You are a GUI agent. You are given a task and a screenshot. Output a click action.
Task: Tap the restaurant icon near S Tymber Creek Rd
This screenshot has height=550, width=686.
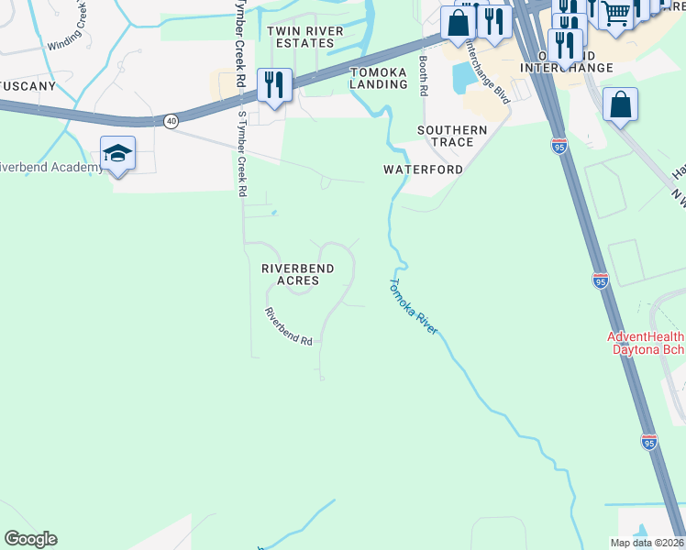point(274,85)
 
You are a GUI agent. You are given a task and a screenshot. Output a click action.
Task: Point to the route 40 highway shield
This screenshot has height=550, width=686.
point(171,120)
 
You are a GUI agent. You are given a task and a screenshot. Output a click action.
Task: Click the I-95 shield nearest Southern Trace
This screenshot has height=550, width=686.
point(559,145)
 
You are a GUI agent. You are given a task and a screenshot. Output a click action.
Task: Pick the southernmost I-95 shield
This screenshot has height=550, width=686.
point(648,442)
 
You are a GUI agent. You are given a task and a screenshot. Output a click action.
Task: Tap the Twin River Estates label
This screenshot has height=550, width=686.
point(299,37)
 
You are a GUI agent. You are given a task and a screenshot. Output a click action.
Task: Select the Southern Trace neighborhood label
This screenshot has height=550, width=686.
point(452,136)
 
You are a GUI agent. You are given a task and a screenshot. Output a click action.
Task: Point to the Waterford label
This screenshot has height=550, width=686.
point(423,170)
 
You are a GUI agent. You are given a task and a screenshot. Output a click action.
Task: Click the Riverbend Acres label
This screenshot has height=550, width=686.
point(296,274)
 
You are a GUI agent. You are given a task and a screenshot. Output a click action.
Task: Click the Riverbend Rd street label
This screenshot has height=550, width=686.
point(289,325)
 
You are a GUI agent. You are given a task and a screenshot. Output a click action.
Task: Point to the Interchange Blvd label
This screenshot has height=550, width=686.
point(487,70)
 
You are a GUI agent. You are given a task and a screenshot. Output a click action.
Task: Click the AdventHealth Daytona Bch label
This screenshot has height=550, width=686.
point(646,344)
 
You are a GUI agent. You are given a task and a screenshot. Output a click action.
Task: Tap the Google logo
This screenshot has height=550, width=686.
point(30,539)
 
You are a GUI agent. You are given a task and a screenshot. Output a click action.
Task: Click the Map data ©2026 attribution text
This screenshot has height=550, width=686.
point(647,543)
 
